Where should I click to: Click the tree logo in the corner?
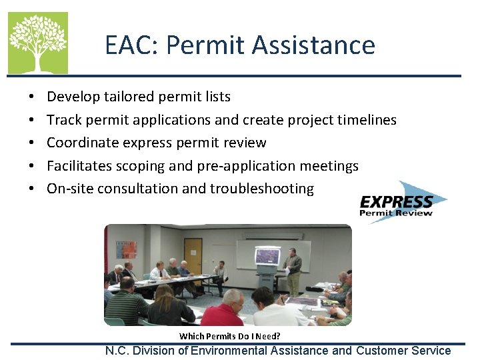coord(38,43)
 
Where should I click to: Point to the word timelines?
coord(367,120)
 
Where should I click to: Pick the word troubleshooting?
coord(262,189)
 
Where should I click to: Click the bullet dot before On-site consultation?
coord(32,189)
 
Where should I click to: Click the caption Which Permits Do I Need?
coord(230,336)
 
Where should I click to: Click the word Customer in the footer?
coord(385,351)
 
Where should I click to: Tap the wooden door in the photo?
coord(193,253)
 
